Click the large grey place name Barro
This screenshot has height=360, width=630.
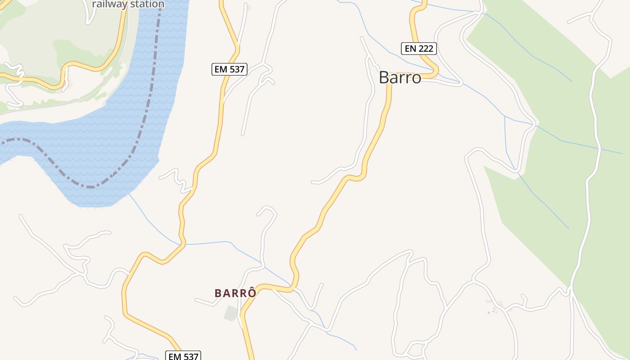click(x=400, y=77)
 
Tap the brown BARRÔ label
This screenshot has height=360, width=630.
click(x=235, y=293)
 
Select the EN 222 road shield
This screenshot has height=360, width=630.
click(x=419, y=48)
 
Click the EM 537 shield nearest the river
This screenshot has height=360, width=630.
click(x=229, y=69)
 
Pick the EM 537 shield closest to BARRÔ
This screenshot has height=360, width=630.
click(x=183, y=356)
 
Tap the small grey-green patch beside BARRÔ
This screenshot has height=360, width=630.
click(x=231, y=313)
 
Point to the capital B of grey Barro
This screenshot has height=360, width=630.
click(x=384, y=77)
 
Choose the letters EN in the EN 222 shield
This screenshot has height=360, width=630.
click(x=409, y=48)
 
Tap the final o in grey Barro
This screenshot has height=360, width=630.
click(x=416, y=78)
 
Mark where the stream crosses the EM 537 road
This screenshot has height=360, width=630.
click(x=184, y=244)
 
